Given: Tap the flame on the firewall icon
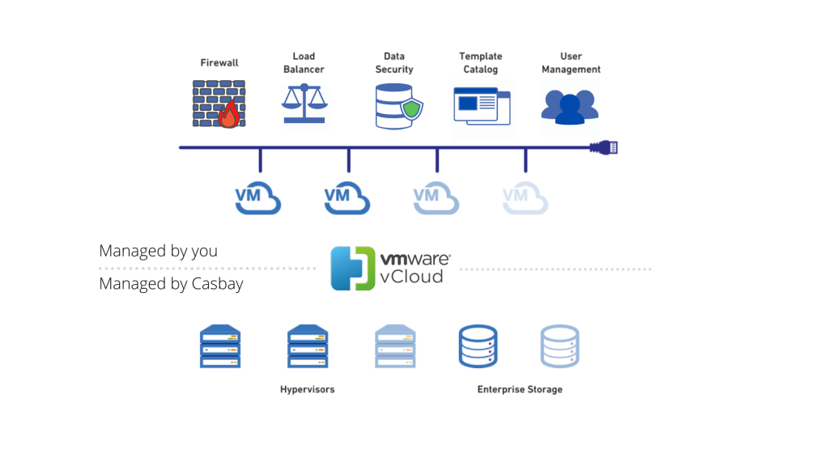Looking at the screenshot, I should (x=229, y=116).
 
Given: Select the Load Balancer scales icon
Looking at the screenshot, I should (x=304, y=104).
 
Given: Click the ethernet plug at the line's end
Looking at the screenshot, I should (x=604, y=147).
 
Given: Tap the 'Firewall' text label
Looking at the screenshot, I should (x=219, y=63).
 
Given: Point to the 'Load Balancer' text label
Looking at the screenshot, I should (x=304, y=63).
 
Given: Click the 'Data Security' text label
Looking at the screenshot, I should (x=394, y=63).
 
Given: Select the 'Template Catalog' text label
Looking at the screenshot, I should (x=481, y=63).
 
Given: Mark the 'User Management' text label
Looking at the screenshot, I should (x=571, y=63).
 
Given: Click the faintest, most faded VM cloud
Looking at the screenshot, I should (x=525, y=198).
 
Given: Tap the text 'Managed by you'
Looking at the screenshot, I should (x=158, y=251).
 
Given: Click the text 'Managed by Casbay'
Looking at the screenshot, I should (x=171, y=284).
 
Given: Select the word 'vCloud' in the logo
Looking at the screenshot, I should (x=411, y=277).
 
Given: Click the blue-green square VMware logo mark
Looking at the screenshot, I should (x=352, y=269).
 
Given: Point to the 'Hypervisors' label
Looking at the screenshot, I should (x=307, y=390).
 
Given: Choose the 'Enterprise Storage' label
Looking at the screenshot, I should (x=519, y=390).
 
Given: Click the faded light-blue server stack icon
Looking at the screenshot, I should (x=395, y=347).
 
